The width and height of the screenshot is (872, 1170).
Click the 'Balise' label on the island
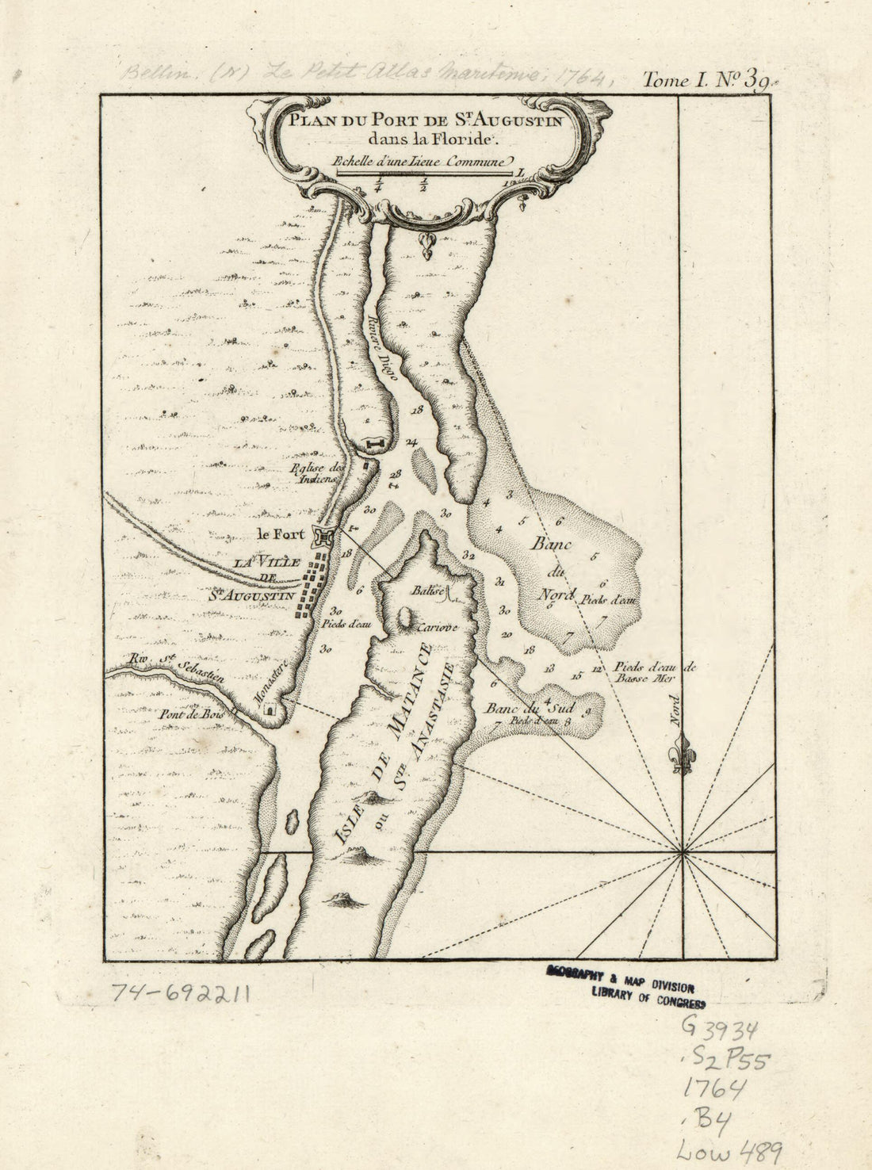click(x=426, y=591)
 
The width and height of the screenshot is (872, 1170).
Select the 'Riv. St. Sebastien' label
click(x=176, y=664)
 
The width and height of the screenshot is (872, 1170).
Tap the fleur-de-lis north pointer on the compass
click(x=680, y=753)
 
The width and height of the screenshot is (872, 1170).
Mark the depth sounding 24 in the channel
click(x=411, y=442)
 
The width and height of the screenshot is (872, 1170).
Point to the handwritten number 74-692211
click(x=180, y=992)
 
